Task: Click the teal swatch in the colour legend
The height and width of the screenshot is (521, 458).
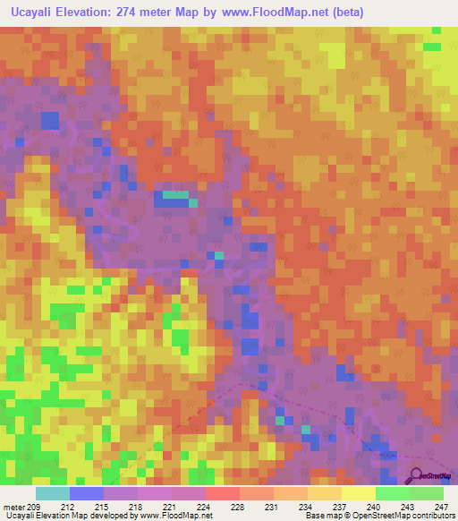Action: click(x=53, y=493)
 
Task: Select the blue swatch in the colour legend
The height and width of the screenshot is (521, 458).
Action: click(x=87, y=493)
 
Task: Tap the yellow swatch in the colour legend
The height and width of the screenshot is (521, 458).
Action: click(x=358, y=493)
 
